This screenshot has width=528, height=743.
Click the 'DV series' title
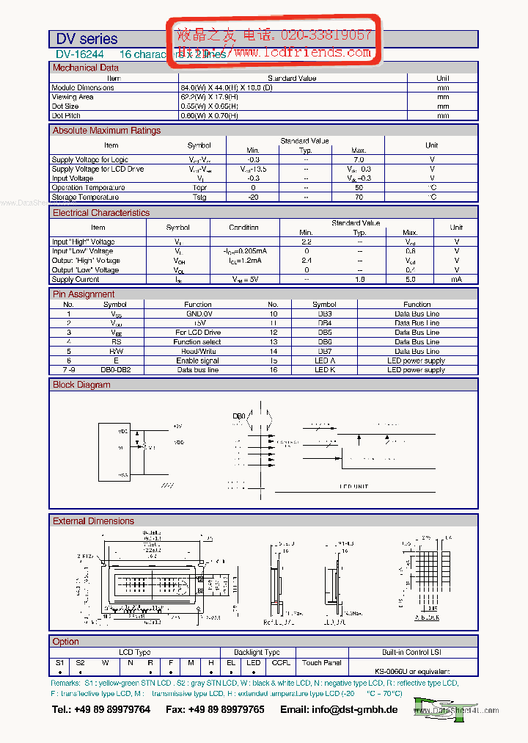[87, 39]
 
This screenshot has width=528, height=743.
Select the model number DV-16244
[80, 54]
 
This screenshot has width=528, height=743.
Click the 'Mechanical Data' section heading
[86, 68]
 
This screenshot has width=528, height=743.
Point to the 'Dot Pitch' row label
[66, 115]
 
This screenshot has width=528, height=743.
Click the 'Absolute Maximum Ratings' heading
[106, 131]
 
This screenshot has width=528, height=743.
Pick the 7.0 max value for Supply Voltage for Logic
[358, 159]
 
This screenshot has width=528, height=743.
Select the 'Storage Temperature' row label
[85, 197]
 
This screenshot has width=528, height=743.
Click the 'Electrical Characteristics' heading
[101, 213]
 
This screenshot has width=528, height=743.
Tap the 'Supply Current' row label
[76, 279]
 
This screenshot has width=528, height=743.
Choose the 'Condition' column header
[243, 228]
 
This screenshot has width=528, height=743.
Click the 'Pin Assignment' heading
[84, 294]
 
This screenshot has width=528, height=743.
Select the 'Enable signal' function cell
[197, 360]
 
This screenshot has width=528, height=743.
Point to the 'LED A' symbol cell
[324, 360]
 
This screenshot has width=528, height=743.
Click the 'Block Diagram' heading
[81, 385]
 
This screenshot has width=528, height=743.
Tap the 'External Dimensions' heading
[93, 521]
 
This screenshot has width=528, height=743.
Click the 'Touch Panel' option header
[322, 662]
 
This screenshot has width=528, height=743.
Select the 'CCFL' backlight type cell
[281, 662]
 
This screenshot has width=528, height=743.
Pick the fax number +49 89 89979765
[226, 709]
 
